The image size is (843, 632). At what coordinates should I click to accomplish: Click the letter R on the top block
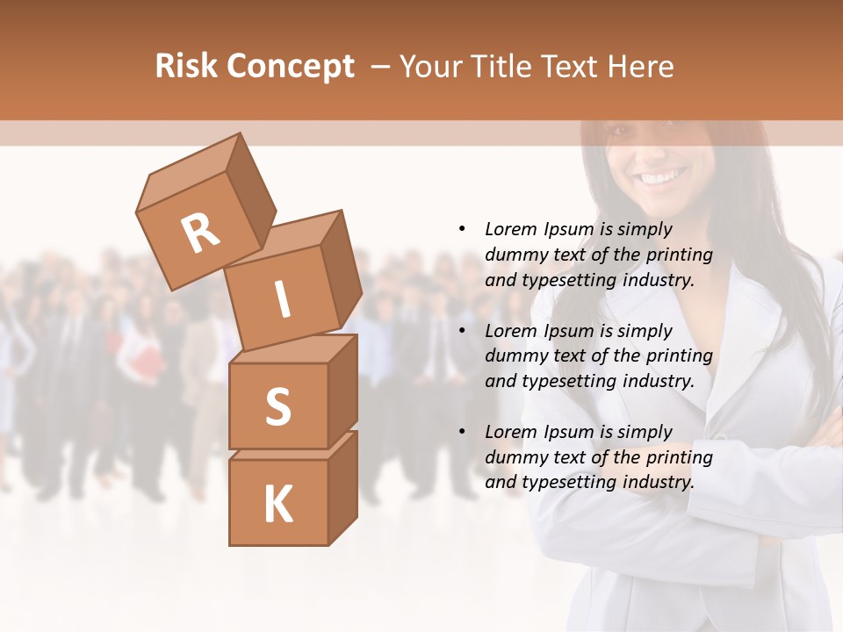pyautogui.click(x=200, y=233)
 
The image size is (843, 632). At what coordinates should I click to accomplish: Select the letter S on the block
pyautogui.click(x=277, y=406)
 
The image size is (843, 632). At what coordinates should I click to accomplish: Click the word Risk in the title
pyautogui.click(x=186, y=66)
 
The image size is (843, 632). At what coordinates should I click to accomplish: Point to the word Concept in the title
pyautogui.click(x=290, y=67)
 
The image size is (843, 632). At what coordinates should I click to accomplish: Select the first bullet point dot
pyautogui.click(x=462, y=229)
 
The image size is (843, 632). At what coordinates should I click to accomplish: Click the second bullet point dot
pyautogui.click(x=462, y=331)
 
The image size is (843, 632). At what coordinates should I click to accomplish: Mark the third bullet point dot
pyautogui.click(x=462, y=432)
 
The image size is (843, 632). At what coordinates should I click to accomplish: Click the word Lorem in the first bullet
pyautogui.click(x=511, y=229)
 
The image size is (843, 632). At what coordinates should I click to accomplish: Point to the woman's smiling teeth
pyautogui.click(x=663, y=178)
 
